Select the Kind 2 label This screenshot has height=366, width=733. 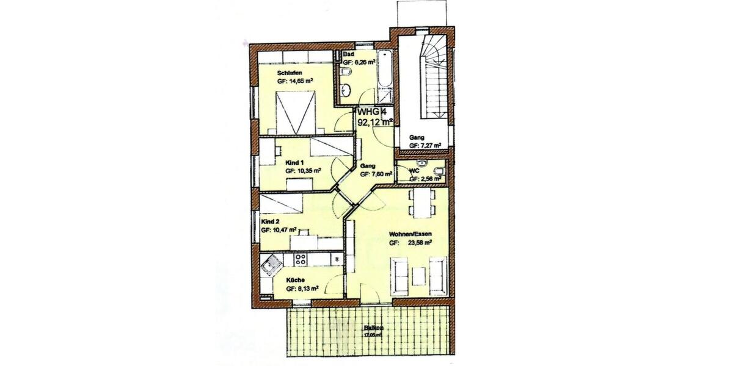[270, 222]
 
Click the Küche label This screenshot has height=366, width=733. [296, 281]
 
